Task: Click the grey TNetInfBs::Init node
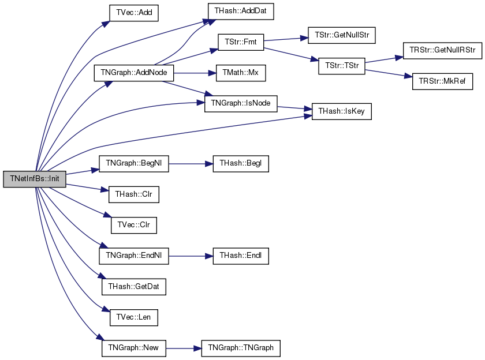(35, 179)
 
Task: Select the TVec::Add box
(134, 13)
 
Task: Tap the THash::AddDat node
(241, 12)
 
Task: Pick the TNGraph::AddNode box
(134, 73)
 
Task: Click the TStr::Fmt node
(241, 42)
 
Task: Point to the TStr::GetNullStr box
(342, 35)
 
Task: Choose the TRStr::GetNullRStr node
(442, 51)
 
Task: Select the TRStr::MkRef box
(442, 81)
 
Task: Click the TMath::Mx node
(241, 73)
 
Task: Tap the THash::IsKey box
(341, 111)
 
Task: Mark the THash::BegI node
(241, 164)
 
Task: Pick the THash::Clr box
(134, 194)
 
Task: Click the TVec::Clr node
(134, 225)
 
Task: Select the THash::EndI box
(241, 256)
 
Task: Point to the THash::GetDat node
(134, 287)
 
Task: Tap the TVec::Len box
(134, 318)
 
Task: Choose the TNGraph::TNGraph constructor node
(241, 348)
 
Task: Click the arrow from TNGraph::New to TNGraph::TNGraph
(184, 348)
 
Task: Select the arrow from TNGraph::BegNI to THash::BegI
(191, 164)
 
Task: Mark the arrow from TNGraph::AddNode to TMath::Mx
(195, 73)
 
